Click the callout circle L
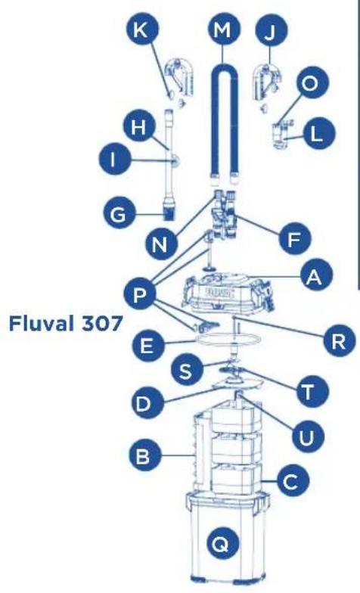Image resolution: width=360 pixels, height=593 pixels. [317, 135]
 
